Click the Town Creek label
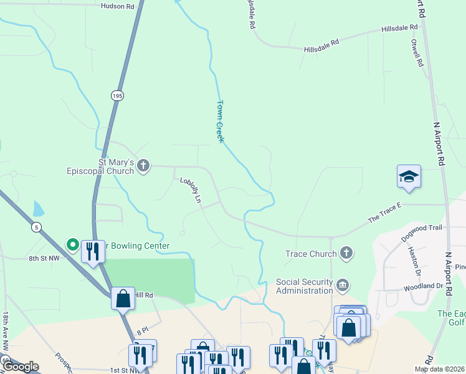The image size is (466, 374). coord(219,122)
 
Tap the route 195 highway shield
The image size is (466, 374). coord(118,95)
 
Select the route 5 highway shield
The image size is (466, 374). coord(37,228)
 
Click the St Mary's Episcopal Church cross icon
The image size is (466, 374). coord(143,166)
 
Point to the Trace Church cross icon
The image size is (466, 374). coord(346,254)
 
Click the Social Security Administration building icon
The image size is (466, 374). coord(343,285)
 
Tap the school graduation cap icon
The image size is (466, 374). coord(409,177)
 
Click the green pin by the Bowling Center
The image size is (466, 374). coord(72,246)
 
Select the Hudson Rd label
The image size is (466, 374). coord(117,6)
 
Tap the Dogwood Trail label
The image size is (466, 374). coord(422,228)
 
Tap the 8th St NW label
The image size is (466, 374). coord(44,257)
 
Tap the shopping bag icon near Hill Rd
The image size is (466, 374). coord(123,299)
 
